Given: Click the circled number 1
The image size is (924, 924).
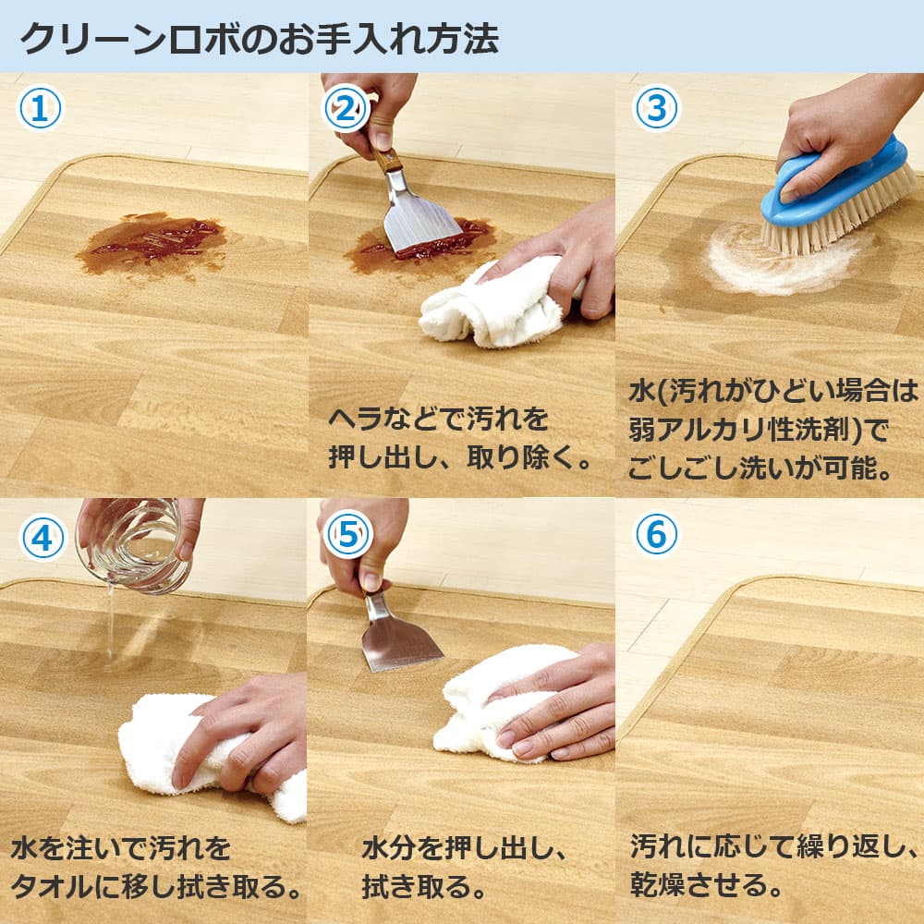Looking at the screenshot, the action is coord(40,108).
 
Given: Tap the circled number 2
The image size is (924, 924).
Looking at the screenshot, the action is coord(346,108).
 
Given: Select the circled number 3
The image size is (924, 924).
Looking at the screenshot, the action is coord(656,108).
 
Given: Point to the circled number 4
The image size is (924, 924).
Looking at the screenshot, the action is coord(43,537).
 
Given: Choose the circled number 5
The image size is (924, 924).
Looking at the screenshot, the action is coord(348,534).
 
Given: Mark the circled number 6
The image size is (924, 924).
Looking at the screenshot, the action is coord(656,534).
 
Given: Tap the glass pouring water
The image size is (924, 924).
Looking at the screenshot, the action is coord(134,545).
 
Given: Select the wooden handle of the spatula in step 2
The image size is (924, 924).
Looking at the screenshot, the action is coord(384,154).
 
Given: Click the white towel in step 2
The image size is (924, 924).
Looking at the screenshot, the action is coord(492,303).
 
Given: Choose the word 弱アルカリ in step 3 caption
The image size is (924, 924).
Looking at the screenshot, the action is coord(698,430).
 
